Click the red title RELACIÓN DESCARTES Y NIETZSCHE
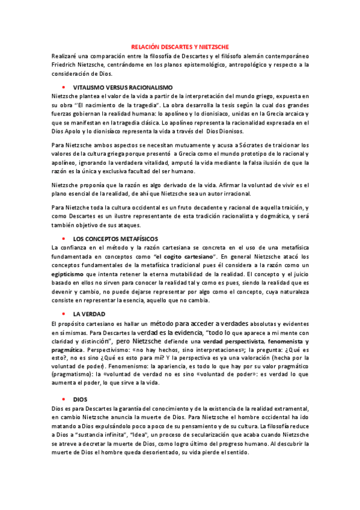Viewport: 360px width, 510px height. (180, 46)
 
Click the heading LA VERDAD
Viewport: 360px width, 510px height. (89, 315)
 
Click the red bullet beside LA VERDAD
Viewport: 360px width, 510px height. (63, 315)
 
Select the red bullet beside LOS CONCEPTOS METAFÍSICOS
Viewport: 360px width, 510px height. (63, 239)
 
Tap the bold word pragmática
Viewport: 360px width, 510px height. (67, 349)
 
